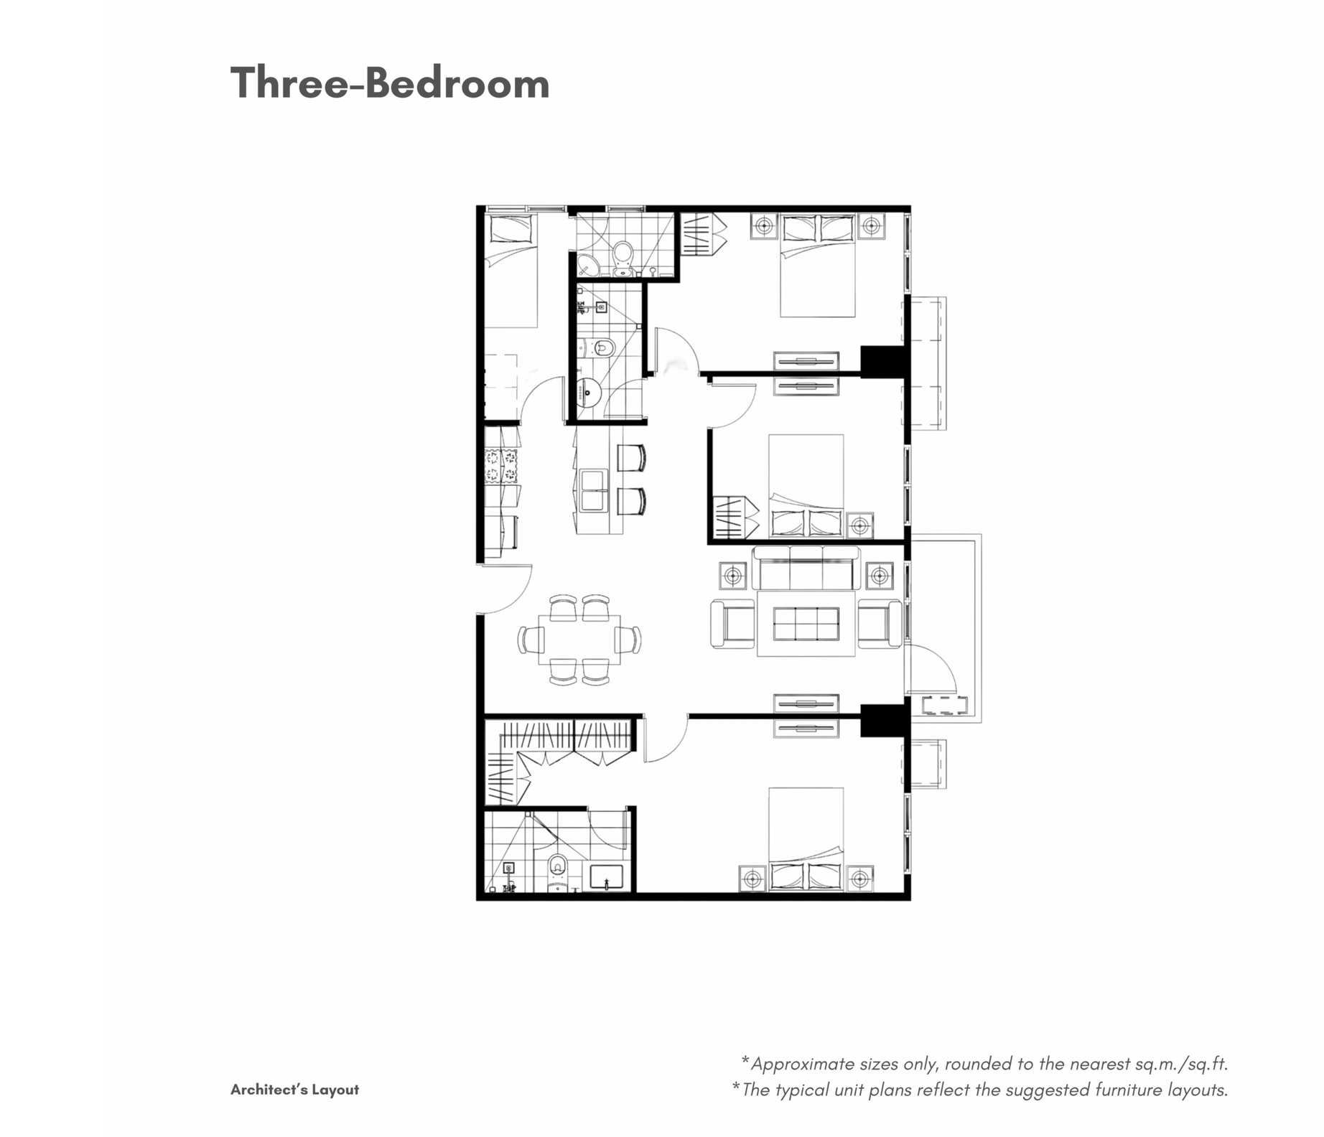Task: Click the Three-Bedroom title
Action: tap(390, 83)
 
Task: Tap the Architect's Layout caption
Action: tap(294, 1090)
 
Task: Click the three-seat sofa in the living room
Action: tap(806, 568)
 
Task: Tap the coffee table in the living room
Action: tap(806, 624)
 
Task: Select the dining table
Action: tap(579, 640)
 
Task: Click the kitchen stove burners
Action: tap(501, 466)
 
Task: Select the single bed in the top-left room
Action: tap(511, 271)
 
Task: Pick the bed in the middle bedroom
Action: tap(806, 486)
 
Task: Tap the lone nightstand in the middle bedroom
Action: tap(860, 525)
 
